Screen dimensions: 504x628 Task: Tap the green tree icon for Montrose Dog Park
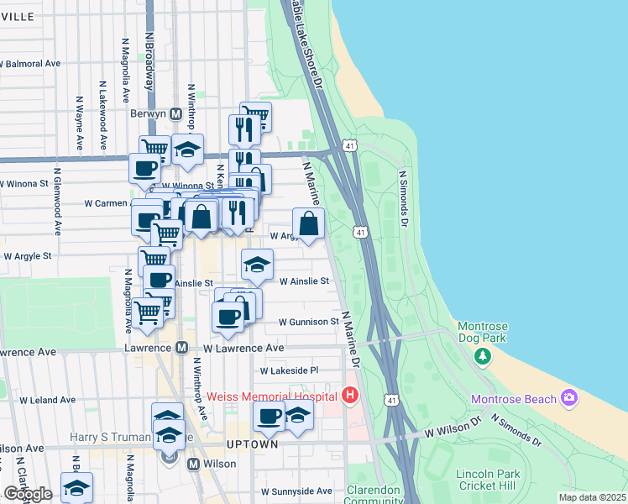[x=483, y=356]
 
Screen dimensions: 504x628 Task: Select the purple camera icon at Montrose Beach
[x=570, y=397]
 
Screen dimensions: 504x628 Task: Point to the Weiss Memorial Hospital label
[x=272, y=396]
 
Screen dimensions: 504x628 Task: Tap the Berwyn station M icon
[x=176, y=114]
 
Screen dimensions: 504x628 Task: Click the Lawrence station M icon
[x=181, y=347]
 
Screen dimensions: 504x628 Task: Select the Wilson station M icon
[x=193, y=464]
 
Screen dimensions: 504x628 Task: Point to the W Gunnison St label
[x=308, y=322]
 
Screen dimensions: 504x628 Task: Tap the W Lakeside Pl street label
[x=290, y=370]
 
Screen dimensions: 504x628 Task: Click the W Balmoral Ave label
[x=30, y=63]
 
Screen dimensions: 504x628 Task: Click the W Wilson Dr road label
[x=452, y=431]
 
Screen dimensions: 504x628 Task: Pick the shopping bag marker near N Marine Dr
[x=309, y=224]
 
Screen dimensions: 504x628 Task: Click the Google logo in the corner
[x=28, y=494]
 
